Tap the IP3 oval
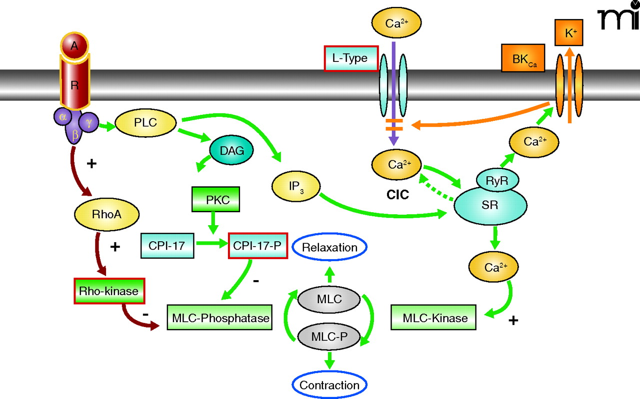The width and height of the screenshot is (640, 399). [296, 186]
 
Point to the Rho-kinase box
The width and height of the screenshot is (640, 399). [108, 291]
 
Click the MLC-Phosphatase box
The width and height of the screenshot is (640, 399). [220, 318]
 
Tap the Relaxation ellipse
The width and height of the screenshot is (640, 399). [329, 248]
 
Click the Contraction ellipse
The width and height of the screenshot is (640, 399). [329, 385]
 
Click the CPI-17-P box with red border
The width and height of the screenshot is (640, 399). [257, 245]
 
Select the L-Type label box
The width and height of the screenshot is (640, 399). [350, 58]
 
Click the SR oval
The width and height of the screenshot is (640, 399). [490, 205]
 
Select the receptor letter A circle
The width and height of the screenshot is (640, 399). [74, 46]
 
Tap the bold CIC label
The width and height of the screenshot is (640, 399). [397, 195]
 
